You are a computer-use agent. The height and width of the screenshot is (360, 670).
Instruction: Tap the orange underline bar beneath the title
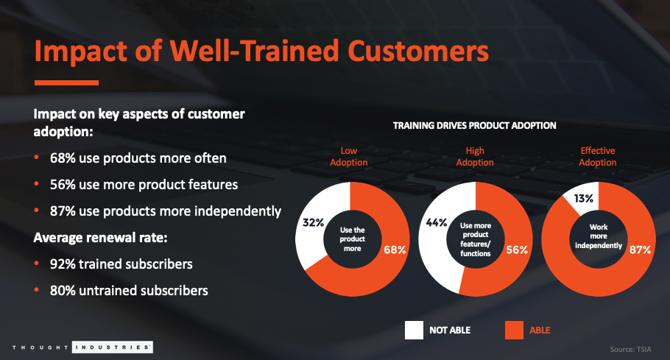(66, 82)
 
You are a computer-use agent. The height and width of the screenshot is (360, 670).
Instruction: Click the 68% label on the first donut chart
(395, 250)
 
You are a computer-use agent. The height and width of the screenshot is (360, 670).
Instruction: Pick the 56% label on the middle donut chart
(517, 250)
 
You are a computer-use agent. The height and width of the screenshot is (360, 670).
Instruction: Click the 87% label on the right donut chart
(640, 250)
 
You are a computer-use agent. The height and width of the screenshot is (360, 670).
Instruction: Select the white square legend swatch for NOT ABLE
(414, 329)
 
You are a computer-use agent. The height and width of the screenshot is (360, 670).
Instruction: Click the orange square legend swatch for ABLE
(515, 329)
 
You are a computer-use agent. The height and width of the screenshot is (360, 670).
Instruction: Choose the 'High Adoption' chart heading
(475, 157)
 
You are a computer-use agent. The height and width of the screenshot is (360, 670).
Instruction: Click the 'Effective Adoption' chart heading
(598, 157)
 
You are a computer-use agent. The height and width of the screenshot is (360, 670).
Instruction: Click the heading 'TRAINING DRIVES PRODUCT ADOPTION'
(474, 126)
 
